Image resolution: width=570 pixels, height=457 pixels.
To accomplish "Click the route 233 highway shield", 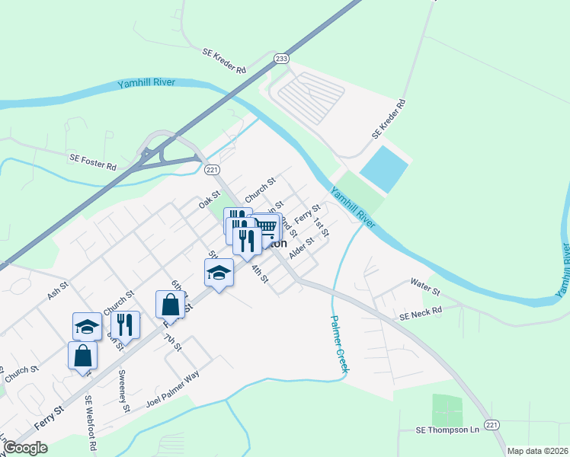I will [x=282, y=58].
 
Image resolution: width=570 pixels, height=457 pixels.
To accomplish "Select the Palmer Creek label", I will [x=338, y=344].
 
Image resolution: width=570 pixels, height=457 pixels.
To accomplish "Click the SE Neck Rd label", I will [x=421, y=312].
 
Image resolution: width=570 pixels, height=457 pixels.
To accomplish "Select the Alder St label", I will [x=302, y=247].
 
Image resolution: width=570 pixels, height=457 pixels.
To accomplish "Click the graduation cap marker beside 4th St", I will [x=219, y=273].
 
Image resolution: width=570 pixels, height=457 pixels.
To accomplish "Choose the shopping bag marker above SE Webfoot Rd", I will [x=82, y=355].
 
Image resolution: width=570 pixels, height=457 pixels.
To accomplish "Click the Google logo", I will [x=24, y=448].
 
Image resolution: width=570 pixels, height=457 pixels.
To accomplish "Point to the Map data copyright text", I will [x=536, y=451].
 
